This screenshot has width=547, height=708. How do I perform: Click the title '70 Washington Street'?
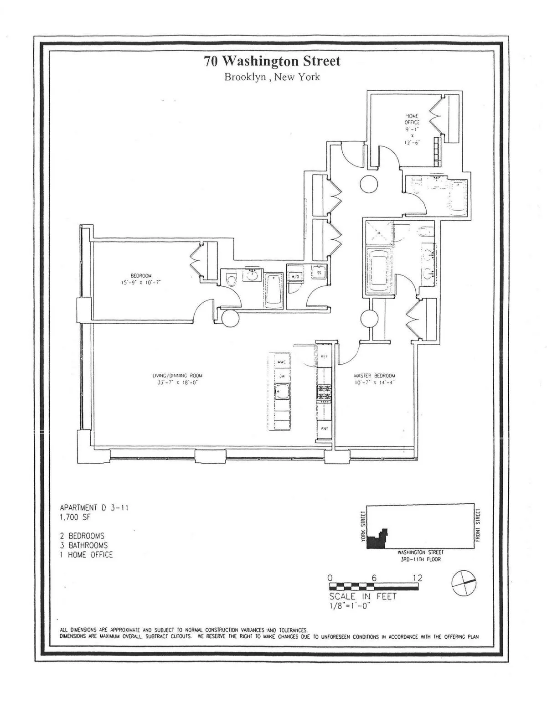[272, 61]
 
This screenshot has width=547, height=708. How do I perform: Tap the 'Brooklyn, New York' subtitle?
[272, 77]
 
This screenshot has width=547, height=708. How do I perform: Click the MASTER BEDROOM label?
[374, 379]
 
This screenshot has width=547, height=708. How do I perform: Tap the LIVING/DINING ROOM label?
[177, 379]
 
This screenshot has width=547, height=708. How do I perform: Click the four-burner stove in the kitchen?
[324, 393]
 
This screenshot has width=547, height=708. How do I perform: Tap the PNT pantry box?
[325, 429]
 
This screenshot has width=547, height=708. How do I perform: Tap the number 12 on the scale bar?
[417, 578]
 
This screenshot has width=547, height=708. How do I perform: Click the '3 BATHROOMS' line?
[83, 545]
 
